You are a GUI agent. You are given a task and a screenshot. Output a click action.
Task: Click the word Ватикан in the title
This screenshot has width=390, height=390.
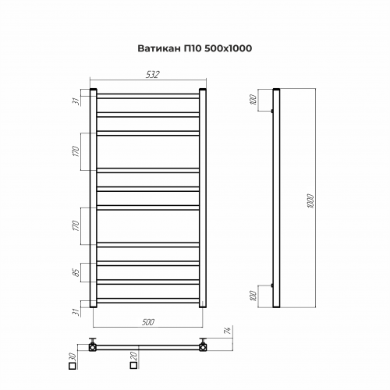coord(159,48)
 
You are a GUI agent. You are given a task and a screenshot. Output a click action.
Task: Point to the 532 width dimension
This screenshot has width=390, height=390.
coord(152,75)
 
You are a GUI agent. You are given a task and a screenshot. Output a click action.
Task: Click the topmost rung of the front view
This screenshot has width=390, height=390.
coord(148,96)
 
